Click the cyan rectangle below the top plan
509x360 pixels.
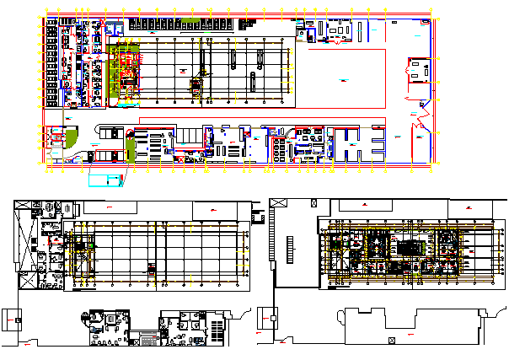point(104,178)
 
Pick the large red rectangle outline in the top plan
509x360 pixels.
point(345,78)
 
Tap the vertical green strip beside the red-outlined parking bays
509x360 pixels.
point(131,150)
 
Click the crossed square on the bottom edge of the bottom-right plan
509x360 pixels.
point(391,340)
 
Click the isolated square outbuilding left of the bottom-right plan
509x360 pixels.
point(273,320)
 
